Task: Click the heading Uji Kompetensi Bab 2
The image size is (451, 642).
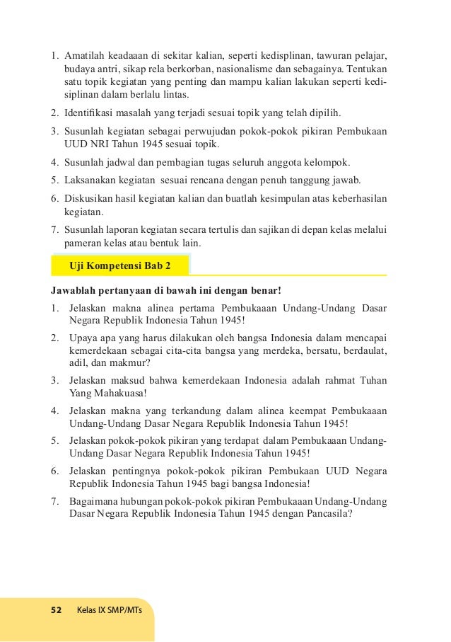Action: pyautogui.click(x=119, y=265)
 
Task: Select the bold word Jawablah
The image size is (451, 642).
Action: pyautogui.click(x=74, y=290)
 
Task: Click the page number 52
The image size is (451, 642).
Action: pyautogui.click(x=57, y=610)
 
